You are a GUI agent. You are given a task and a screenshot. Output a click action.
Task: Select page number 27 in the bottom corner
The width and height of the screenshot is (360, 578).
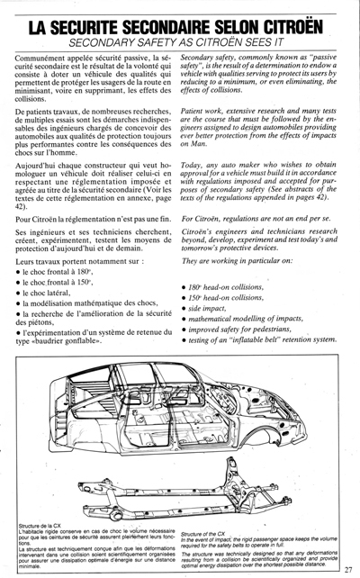pyautogui.click(x=349, y=567)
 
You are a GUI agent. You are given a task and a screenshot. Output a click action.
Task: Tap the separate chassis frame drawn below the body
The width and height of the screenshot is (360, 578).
pyautogui.click(x=180, y=495)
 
